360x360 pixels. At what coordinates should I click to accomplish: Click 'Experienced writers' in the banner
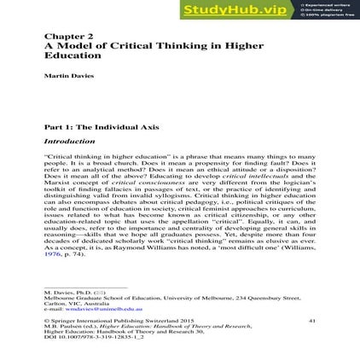point(315,6)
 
